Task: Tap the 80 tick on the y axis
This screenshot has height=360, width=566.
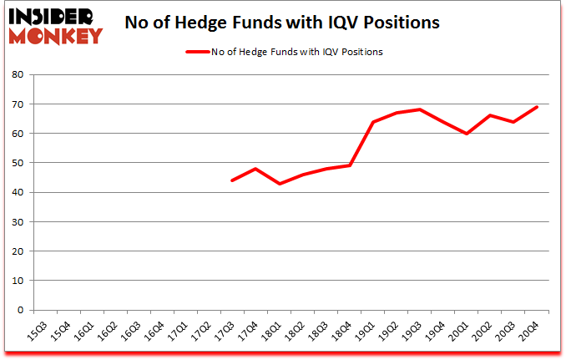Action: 18,74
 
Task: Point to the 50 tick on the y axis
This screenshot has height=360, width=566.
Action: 18,163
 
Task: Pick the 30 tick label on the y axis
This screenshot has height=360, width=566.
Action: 18,221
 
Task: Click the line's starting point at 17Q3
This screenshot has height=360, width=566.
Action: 231,180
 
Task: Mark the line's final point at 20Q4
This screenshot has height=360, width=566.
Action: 537,107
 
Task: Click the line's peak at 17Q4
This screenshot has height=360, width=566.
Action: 255,169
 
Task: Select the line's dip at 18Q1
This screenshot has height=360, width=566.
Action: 278,184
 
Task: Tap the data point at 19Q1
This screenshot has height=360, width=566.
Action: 372,122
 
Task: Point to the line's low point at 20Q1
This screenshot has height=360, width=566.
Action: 467,134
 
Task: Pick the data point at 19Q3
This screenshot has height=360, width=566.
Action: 419,109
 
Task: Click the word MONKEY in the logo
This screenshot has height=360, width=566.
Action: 58,35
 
